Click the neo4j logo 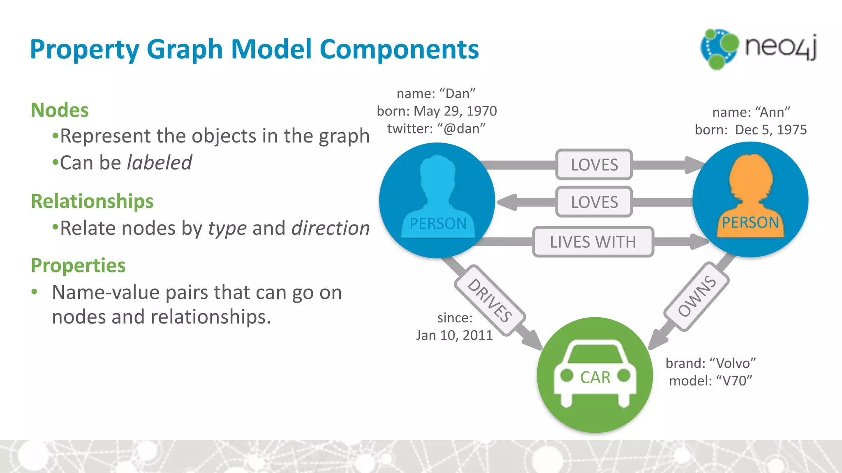pyautogui.click(x=759, y=48)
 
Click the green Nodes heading pyautogui.click(x=60, y=110)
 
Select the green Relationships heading pyautogui.click(x=92, y=201)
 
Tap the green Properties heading pyautogui.click(x=78, y=265)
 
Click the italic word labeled pyautogui.click(x=159, y=163)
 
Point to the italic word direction pyautogui.click(x=331, y=228)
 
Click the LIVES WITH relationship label pyautogui.click(x=593, y=242)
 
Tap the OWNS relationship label pyautogui.click(x=696, y=296)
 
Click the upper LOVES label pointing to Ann pyautogui.click(x=594, y=165)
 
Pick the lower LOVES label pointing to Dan pyautogui.click(x=594, y=202)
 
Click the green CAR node pyautogui.click(x=595, y=375)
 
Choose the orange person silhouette pyautogui.click(x=750, y=193)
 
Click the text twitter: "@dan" pyautogui.click(x=436, y=129)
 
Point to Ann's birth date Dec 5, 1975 pyautogui.click(x=770, y=130)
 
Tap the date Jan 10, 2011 pyautogui.click(x=454, y=335)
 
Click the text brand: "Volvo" pyautogui.click(x=710, y=363)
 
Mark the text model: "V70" pyautogui.click(x=710, y=381)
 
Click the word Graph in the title pyautogui.click(x=185, y=49)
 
